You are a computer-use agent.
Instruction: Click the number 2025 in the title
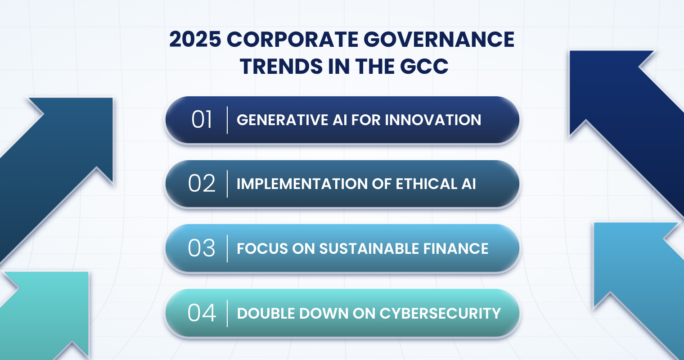pyautogui.click(x=195, y=40)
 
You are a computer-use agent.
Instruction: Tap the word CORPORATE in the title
pyautogui.click(x=292, y=40)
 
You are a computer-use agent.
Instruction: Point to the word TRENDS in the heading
pyautogui.click(x=281, y=66)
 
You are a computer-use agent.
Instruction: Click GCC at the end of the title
pyautogui.click(x=424, y=66)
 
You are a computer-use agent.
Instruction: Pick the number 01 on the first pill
pyautogui.click(x=202, y=120)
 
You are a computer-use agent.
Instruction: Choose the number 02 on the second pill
pyautogui.click(x=202, y=184)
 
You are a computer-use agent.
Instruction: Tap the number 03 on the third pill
pyautogui.click(x=202, y=248)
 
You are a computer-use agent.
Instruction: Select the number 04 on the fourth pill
pyautogui.click(x=202, y=313)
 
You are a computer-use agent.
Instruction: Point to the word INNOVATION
pyautogui.click(x=433, y=120)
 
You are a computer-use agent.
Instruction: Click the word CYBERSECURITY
pyautogui.click(x=440, y=314)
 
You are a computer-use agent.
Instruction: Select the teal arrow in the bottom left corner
pyautogui.click(x=46, y=315)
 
